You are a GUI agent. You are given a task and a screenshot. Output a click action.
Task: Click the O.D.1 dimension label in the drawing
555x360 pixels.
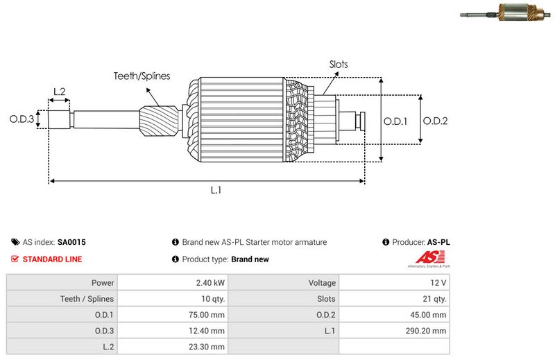[395, 121]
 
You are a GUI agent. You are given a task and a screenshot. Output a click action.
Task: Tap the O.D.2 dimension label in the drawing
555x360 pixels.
[435, 121]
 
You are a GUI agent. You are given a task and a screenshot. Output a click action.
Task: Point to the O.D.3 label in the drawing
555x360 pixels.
[22, 119]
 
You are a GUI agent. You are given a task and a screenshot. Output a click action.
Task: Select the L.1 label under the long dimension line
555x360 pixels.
[216, 190]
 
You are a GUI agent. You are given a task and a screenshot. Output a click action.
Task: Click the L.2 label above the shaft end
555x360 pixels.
[59, 92]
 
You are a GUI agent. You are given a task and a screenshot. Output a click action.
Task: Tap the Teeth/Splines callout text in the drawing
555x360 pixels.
[142, 76]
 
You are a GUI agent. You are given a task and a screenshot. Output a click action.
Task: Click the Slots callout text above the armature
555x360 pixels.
[339, 65]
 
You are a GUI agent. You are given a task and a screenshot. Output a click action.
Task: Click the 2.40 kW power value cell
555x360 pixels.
[210, 283]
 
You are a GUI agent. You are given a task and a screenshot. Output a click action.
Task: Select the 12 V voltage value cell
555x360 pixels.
[438, 283]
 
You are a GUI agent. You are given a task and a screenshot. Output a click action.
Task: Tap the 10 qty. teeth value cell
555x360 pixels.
[210, 299]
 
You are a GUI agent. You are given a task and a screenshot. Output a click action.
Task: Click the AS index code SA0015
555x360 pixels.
[71, 243]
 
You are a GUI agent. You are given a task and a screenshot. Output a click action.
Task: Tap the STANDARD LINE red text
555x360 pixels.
[52, 259]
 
